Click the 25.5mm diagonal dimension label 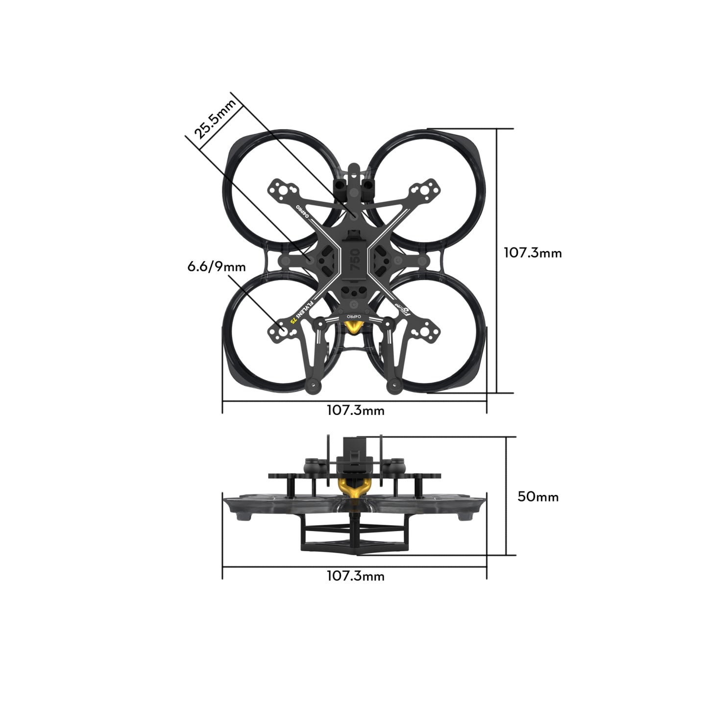click(216, 119)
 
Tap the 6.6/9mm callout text click(216, 267)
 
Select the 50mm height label click(538, 496)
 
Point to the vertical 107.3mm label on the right click(533, 253)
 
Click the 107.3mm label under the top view click(355, 411)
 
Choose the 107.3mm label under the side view click(355, 576)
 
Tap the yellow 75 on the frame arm click(293, 319)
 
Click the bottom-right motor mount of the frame click(424, 332)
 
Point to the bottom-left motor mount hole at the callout click(283, 330)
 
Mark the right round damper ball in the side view click(397, 464)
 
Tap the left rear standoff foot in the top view click(312, 387)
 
